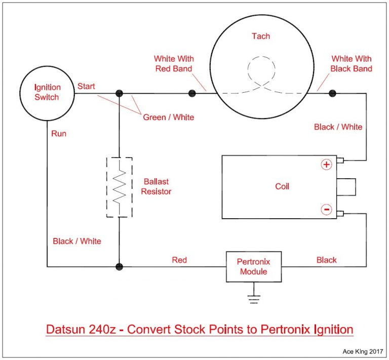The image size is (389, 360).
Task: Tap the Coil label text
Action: coord(282,186)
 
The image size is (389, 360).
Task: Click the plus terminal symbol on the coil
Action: coord(326,165)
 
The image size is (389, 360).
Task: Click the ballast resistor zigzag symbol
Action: coord(119,187)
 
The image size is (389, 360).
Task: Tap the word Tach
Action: coord(261,36)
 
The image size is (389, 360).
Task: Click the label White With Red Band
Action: coord(174,64)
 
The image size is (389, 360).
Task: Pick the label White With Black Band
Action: coord(351,64)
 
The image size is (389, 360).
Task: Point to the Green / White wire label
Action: coord(168,117)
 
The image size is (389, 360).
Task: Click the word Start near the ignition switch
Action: coord(86,87)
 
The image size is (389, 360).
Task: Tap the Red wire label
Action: coord(179,260)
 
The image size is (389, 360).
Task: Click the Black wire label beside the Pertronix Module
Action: coord(326,260)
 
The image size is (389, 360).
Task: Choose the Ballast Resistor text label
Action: coord(157,187)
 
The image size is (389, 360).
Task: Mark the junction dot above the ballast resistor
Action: coord(119,93)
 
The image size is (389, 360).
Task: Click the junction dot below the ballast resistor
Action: coord(119,266)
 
